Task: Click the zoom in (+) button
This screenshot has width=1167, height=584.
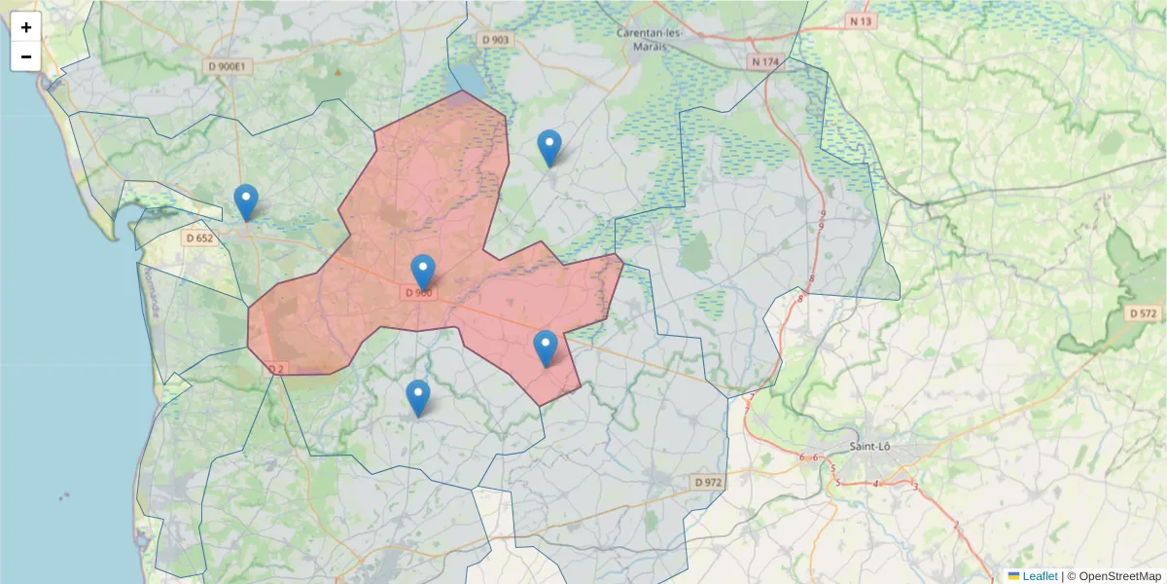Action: (x=26, y=27)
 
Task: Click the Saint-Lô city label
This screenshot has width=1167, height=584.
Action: (x=872, y=447)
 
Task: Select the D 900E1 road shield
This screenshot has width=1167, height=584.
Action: (x=230, y=66)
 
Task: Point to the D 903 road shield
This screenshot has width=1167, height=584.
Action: (x=495, y=40)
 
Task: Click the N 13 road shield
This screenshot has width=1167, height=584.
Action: (x=860, y=20)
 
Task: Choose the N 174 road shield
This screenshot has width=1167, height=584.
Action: (x=765, y=61)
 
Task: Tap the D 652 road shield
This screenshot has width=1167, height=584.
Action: (x=198, y=237)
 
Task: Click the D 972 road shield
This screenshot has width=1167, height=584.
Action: (x=709, y=482)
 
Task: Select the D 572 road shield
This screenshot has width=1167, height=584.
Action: (x=1145, y=313)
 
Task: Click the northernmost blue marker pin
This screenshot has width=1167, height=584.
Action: (x=549, y=148)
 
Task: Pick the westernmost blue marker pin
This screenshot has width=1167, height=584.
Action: (x=246, y=202)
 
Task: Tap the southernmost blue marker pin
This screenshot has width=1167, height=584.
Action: (x=418, y=398)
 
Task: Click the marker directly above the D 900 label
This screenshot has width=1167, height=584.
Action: (x=422, y=273)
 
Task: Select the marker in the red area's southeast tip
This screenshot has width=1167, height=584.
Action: (x=546, y=348)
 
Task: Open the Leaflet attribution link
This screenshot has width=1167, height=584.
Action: (x=1039, y=576)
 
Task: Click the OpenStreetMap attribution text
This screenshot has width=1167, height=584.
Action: (x=1118, y=576)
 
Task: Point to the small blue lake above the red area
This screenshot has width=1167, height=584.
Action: (x=464, y=78)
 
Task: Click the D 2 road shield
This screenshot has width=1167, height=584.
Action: (x=276, y=368)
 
